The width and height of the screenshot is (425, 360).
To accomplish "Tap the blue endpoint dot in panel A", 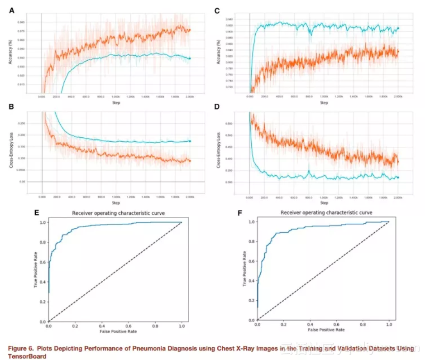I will click(190, 58).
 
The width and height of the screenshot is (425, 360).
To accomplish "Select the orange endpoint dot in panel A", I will click(190, 30).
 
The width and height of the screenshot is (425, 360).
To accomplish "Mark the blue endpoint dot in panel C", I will click(398, 29).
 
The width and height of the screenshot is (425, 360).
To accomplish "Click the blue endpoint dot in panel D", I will click(398, 178).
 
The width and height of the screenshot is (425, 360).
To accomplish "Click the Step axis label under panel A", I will click(115, 103).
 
